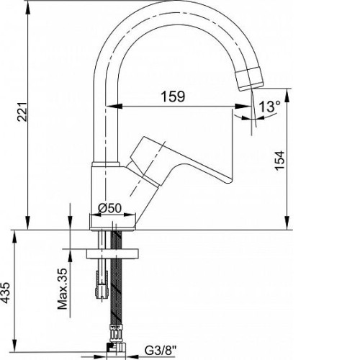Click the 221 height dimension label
point(22,112)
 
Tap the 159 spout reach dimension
point(173,96)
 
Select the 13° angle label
point(269,107)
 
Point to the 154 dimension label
point(280,161)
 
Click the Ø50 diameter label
point(110,208)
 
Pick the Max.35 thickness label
point(63,289)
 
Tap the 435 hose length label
point(5,293)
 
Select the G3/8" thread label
point(161,351)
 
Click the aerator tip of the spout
point(250,78)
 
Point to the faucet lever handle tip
point(228,180)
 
